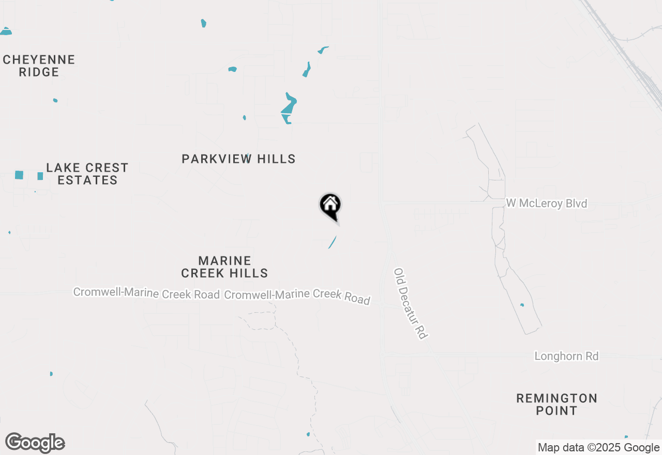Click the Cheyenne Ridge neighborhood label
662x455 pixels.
39,66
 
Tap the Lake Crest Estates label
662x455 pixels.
87,174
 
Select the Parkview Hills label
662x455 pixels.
238,159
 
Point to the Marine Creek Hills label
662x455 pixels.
224,267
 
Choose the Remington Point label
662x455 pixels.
557,404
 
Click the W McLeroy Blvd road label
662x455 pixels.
547,203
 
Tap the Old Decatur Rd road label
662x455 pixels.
411,304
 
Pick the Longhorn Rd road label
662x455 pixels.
566,356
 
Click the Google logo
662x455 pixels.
35,443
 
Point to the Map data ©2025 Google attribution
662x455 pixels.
598,448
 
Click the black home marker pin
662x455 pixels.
330,206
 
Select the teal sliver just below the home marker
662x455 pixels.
333,242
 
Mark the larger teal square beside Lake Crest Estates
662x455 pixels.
19,175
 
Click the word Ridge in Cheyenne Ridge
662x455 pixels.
39,72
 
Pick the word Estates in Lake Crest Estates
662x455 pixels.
87,180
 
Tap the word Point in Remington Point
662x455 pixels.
557,411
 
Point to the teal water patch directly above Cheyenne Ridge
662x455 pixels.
6,32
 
